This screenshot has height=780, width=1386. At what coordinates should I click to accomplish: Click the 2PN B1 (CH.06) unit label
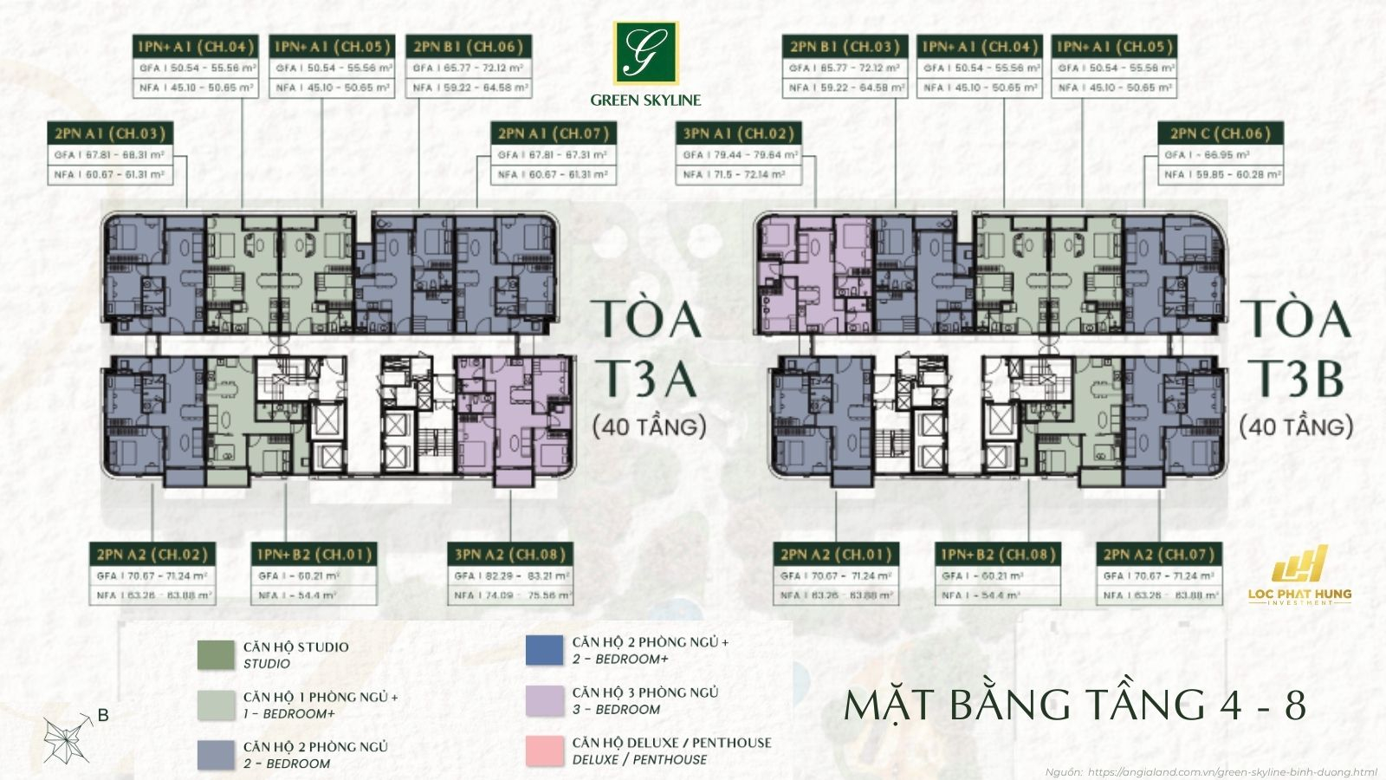[x=469, y=47]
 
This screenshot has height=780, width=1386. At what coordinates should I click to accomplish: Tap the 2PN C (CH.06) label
[x=1221, y=133]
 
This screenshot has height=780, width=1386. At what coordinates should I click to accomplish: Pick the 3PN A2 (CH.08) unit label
[x=511, y=555]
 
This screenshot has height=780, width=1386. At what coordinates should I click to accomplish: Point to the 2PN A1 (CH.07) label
[x=553, y=133]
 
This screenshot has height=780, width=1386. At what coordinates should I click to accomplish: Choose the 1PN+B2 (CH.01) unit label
[x=314, y=555]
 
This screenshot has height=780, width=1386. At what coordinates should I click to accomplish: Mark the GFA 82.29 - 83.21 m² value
[x=511, y=575]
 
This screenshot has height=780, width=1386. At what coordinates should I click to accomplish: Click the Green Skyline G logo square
[x=645, y=53]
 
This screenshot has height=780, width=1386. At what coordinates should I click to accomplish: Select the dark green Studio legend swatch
[x=215, y=655]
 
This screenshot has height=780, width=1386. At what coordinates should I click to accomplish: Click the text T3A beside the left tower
[x=648, y=378]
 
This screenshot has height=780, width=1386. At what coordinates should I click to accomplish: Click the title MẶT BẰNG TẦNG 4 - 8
[x=1074, y=705]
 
